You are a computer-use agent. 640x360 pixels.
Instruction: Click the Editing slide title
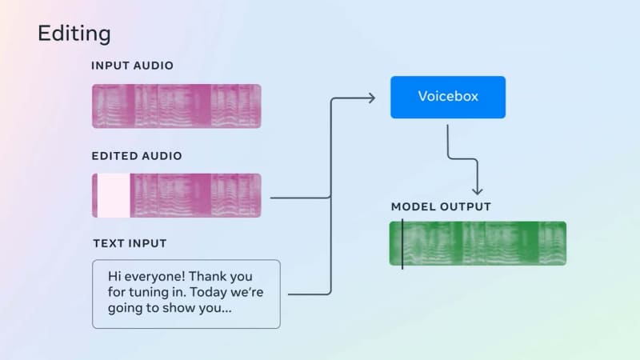pos(74,34)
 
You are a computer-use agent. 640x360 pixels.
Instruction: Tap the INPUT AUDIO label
pos(132,66)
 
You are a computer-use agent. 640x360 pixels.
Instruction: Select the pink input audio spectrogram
pos(176,106)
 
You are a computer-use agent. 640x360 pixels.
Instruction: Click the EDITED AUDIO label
pos(137,156)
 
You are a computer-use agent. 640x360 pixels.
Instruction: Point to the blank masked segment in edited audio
pos(114,195)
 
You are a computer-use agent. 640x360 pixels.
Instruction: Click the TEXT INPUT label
pos(130,243)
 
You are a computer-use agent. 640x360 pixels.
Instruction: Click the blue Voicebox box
pos(448,97)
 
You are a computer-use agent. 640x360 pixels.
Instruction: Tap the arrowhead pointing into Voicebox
pos(371,98)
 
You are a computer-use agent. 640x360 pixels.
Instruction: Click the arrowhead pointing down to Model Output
pos(477,190)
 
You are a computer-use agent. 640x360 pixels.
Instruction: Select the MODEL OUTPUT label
pos(441,206)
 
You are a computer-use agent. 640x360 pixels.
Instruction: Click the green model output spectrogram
pos(478,243)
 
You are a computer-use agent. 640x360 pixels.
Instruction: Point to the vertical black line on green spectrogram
pos(402,244)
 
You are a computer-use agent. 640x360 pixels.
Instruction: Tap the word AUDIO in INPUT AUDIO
pos(154,66)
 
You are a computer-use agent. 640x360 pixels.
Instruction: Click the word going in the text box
pos(124,308)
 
